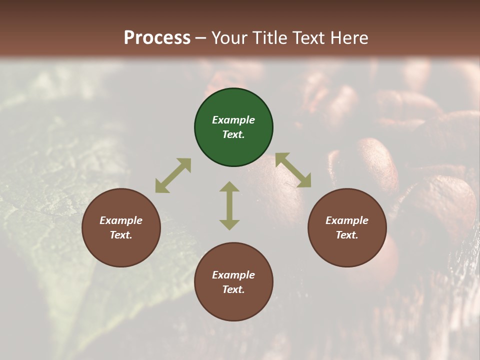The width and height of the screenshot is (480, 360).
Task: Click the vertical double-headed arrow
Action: pyautogui.click(x=229, y=205)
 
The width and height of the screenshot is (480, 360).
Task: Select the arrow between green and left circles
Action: pyautogui.click(x=173, y=175)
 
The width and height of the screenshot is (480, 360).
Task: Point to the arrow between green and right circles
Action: pyautogui.click(x=293, y=170)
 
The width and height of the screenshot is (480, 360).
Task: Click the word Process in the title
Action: pyautogui.click(x=157, y=37)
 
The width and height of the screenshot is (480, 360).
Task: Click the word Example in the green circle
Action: pyautogui.click(x=233, y=120)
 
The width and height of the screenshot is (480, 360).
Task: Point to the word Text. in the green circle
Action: pyautogui.click(x=233, y=134)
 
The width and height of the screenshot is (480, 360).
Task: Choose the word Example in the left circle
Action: pyautogui.click(x=121, y=220)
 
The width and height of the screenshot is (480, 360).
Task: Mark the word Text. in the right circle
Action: pyautogui.click(x=347, y=235)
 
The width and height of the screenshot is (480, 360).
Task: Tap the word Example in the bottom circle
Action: pyautogui.click(x=233, y=275)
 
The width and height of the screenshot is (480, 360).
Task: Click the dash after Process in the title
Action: pyautogui.click(x=200, y=38)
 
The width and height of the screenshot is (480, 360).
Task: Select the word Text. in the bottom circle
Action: pyautogui.click(x=233, y=289)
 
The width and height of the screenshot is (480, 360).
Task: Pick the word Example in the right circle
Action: pyautogui.click(x=347, y=220)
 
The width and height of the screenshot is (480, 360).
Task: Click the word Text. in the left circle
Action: pyautogui.click(x=121, y=235)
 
